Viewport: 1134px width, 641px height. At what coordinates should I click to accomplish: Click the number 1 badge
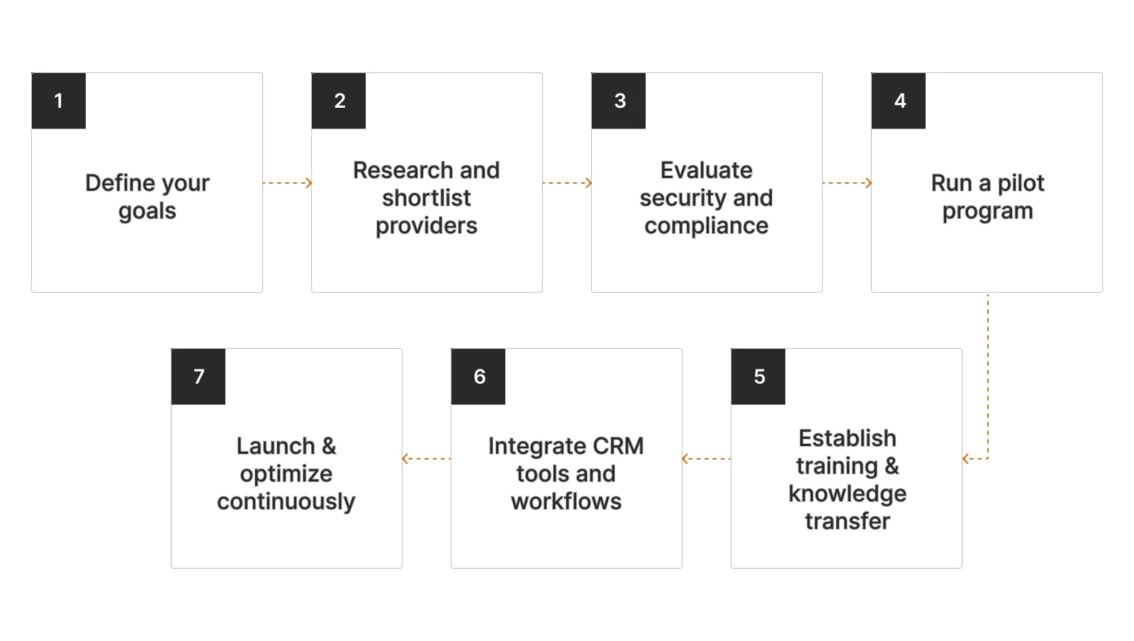59,101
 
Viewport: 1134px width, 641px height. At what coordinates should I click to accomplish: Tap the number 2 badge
339,101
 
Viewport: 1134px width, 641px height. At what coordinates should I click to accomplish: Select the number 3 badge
619,101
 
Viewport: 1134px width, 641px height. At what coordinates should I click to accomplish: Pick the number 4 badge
899,101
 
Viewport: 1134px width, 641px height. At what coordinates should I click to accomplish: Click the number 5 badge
758,377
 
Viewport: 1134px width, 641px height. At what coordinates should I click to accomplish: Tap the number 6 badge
478,377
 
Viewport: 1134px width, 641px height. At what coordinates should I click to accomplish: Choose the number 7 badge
198,377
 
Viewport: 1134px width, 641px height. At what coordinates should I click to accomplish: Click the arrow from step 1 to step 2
287,183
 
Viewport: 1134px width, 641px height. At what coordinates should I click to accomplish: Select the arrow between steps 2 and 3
567,183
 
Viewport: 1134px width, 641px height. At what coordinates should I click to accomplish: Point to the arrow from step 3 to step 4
847,183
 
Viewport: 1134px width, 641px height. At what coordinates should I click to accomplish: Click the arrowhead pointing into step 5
966,459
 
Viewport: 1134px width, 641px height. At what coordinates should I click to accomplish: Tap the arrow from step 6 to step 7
427,459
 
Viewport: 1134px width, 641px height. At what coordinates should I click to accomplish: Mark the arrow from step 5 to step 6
707,459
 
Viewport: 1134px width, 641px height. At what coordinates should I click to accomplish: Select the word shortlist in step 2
426,198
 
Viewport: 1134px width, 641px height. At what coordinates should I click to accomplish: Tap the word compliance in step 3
706,225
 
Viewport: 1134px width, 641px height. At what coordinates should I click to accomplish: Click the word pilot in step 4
1021,183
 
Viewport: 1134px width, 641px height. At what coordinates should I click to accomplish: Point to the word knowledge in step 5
847,494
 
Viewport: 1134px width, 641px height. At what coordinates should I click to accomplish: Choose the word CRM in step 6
618,446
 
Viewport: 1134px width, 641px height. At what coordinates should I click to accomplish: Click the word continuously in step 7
286,501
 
